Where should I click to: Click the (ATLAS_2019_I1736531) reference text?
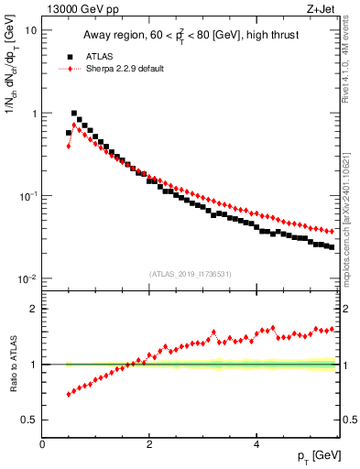coord(190,273)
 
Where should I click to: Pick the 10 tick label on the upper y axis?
coord(31,29)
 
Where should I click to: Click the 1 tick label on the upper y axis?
coord(34,114)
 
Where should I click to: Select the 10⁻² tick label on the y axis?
coord(28,279)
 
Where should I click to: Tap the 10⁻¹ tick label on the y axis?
coord(28,197)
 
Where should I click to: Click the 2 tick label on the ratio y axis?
coord(34,309)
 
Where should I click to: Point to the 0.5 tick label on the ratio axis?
coord(29,420)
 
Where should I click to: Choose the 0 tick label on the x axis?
coord(42,444)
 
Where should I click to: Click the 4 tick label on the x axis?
coord(256,444)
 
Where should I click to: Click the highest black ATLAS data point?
coord(74,114)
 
